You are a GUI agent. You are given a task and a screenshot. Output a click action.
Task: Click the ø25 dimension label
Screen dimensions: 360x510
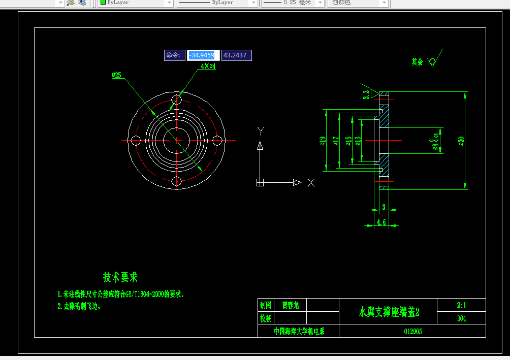pyautogui.click(x=117, y=75)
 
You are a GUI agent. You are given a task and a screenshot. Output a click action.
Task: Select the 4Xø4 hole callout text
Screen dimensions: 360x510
pyautogui.click(x=208, y=66)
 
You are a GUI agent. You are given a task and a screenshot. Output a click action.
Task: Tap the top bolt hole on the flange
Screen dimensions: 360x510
pyautogui.click(x=176, y=100)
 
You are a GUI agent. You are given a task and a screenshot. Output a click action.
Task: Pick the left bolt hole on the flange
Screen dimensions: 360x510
pyautogui.click(x=135, y=140)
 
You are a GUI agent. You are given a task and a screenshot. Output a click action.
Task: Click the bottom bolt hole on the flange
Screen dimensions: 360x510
pyautogui.click(x=176, y=181)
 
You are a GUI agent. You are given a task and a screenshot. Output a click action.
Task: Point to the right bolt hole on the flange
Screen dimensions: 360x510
pyautogui.click(x=217, y=140)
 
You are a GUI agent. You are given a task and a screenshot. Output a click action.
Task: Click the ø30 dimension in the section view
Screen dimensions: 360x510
pyautogui.click(x=461, y=141)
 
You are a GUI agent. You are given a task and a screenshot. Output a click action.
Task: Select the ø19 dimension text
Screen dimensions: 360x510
pyautogui.click(x=323, y=141)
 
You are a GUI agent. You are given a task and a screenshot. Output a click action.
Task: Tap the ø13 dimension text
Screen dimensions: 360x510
pyautogui.click(x=358, y=141)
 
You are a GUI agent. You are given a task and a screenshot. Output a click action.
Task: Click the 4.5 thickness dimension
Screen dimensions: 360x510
pyautogui.click(x=381, y=222)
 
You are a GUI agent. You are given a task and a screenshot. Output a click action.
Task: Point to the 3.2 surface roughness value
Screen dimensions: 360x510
pyautogui.click(x=366, y=94)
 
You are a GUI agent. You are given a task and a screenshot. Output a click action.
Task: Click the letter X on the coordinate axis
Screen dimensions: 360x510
pyautogui.click(x=311, y=183)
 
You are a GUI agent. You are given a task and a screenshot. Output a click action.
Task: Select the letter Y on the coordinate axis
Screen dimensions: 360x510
pyautogui.click(x=261, y=130)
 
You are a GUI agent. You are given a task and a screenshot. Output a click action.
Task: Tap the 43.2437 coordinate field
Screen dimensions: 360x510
pyautogui.click(x=236, y=55)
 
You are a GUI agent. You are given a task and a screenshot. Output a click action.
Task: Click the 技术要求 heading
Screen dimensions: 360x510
pyautogui.click(x=120, y=277)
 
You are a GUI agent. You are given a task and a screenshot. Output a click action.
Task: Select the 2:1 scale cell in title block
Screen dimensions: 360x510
pyautogui.click(x=461, y=305)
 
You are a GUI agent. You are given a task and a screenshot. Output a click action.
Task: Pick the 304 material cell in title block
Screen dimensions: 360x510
pyautogui.click(x=461, y=319)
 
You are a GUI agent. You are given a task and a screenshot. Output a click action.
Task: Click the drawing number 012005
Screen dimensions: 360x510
pyautogui.click(x=412, y=332)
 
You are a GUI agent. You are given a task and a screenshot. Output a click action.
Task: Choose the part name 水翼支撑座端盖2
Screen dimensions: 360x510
pyautogui.click(x=390, y=312)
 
